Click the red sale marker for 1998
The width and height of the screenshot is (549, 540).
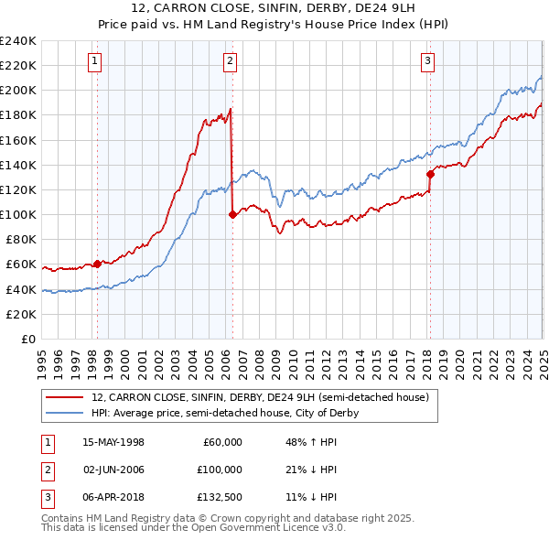[97, 264]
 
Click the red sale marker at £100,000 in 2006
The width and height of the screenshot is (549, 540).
[232, 215]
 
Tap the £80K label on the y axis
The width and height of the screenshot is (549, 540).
[21, 240]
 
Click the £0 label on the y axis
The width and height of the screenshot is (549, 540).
[28, 339]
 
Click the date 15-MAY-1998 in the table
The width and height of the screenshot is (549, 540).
[113, 442]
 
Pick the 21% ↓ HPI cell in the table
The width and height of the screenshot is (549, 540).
[311, 469]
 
